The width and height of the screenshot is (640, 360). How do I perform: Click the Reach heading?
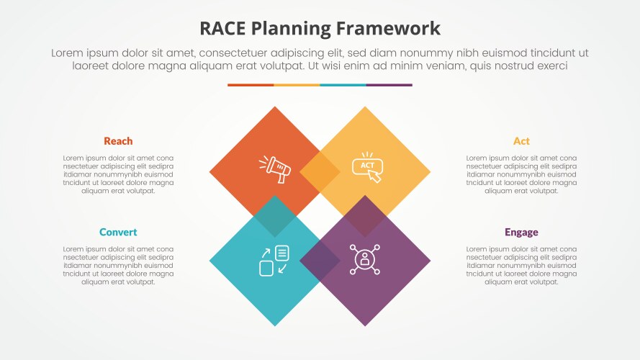[x=118, y=141]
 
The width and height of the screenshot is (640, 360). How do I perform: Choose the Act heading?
[x=521, y=141]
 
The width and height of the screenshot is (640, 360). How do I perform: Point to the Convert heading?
[x=118, y=233]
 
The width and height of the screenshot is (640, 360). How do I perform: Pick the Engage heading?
[x=521, y=233]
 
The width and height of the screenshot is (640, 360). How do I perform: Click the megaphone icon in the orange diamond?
[x=274, y=168]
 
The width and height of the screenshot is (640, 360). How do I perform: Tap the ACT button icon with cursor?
[x=366, y=166]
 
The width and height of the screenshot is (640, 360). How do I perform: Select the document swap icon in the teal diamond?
[x=274, y=260]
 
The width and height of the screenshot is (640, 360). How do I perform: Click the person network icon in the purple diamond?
[x=365, y=259]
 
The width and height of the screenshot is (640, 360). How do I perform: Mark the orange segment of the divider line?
[x=251, y=85]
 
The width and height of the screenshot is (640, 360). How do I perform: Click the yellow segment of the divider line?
[x=297, y=85]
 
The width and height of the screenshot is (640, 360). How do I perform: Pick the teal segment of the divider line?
[x=343, y=85]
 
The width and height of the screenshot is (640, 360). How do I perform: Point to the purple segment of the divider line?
[x=389, y=85]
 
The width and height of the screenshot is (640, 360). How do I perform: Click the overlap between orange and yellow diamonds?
[x=320, y=173]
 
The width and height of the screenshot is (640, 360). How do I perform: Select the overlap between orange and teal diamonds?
[x=274, y=216]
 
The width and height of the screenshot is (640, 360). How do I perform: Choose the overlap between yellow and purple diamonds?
[x=365, y=216]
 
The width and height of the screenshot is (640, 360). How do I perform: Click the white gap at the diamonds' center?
[x=320, y=216]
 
